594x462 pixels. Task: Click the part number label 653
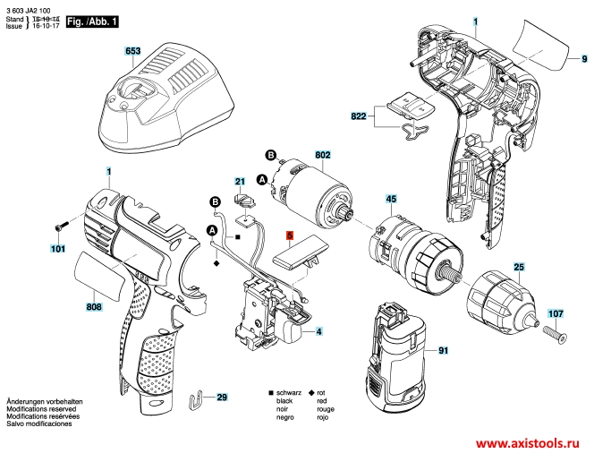pos(133,53)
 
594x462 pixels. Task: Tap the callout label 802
pos(323,154)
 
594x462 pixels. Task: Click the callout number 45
pos(391,198)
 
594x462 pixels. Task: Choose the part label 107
pos(556,313)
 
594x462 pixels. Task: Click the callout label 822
pos(358,115)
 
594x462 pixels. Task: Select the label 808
pos(94,307)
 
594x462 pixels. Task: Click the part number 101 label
pos(58,248)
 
